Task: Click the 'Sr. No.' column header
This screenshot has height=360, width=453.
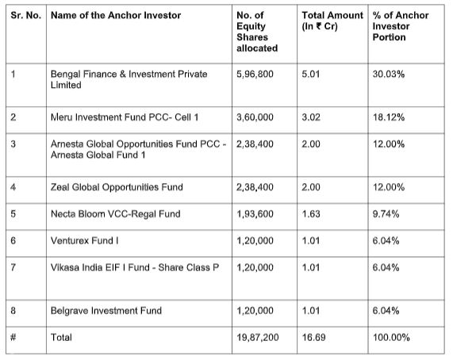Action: [26, 15]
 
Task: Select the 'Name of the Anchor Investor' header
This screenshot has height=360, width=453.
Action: [116, 15]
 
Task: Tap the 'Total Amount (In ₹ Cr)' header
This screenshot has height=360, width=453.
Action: [332, 21]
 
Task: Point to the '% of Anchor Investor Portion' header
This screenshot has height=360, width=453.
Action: [401, 26]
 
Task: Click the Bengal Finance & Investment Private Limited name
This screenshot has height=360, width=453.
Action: [129, 79]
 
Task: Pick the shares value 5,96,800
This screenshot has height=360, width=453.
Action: [255, 75]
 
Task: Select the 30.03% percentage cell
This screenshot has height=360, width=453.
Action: [388, 75]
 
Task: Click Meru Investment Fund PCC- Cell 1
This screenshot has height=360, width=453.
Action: [125, 117]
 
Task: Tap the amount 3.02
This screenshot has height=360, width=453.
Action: [311, 117]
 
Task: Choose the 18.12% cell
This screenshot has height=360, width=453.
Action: [388, 117]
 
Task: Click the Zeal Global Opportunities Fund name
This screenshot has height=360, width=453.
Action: [117, 187]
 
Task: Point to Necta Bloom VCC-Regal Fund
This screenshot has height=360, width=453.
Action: [116, 214]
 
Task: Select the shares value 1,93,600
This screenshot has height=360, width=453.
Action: [255, 214]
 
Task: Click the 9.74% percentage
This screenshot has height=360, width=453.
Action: [386, 214]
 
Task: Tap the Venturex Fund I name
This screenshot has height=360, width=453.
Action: [85, 240]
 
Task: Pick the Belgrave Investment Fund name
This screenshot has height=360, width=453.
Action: [106, 311]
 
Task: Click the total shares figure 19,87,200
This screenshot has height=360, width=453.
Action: [257, 337]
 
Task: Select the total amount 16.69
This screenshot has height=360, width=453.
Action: [313, 337]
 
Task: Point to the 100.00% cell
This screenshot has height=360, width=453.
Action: [391, 337]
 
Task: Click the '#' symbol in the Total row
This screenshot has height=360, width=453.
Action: [13, 337]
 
